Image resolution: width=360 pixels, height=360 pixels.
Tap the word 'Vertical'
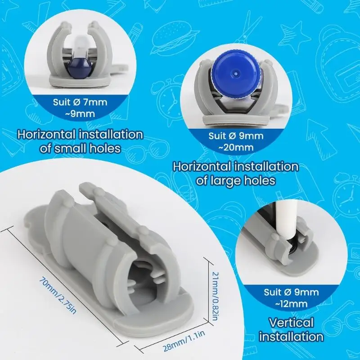point(291,323)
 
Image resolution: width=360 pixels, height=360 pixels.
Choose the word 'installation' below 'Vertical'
point(291,337)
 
